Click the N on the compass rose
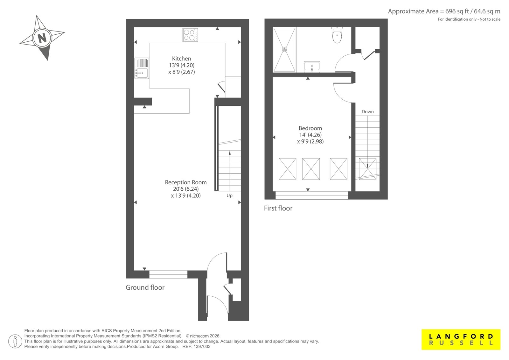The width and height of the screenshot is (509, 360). tap(42, 38)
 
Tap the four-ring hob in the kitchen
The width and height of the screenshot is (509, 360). tap(190, 35)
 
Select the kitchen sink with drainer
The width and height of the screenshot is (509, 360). tap(142, 68)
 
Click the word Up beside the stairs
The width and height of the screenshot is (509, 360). tap(229, 195)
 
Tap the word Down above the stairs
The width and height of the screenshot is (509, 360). tap(367, 112)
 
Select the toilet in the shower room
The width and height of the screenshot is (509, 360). tap(337, 35)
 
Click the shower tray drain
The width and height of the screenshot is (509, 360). tap(284, 50)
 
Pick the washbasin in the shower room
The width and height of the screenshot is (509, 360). tap(312, 67)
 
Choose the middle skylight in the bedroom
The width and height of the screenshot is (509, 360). tap(311, 169)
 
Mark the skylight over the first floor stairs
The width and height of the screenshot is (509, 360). tap(367, 169)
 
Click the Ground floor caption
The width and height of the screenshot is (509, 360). tap(145, 287)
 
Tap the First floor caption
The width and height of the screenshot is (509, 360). tap(278, 208)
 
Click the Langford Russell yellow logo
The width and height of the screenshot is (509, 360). tap(461, 340)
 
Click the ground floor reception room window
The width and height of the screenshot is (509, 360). tap(168, 274)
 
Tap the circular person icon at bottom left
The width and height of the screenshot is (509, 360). tap(15, 341)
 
